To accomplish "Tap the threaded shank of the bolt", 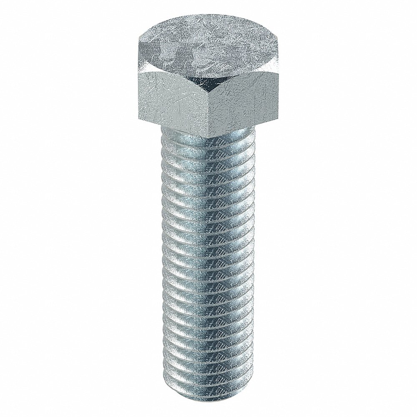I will (208, 259).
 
